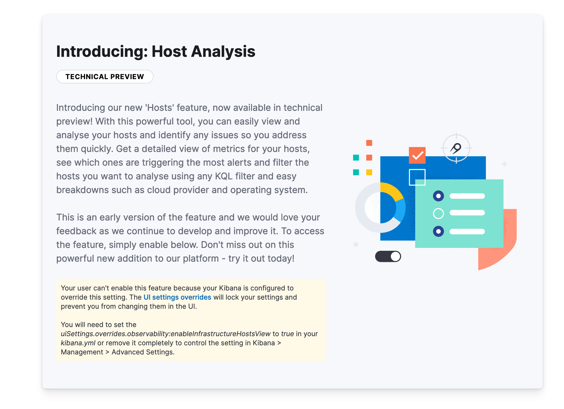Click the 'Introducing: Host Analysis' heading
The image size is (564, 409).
pyautogui.click(x=156, y=51)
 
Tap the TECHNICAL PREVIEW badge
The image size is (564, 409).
pyautogui.click(x=105, y=77)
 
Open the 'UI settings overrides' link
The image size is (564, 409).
pyautogui.click(x=177, y=297)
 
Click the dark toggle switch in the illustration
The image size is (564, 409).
pyautogui.click(x=388, y=256)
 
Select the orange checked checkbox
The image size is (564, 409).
pyautogui.click(x=417, y=155)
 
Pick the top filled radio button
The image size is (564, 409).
pyautogui.click(x=438, y=196)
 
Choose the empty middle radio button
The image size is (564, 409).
pyautogui.click(x=438, y=213)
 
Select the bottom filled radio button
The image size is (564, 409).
pyautogui.click(x=438, y=231)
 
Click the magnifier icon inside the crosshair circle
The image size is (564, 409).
pyautogui.click(x=456, y=148)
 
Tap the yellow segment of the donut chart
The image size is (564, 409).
pyautogui.click(x=392, y=190)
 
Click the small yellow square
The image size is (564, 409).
pyautogui.click(x=369, y=172)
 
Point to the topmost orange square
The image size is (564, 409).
pyautogui.click(x=369, y=143)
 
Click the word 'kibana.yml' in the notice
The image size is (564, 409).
pyautogui.click(x=78, y=343)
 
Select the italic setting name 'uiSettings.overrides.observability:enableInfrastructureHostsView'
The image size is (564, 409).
pyautogui.click(x=166, y=334)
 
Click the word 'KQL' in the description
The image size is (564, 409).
pyautogui.click(x=223, y=176)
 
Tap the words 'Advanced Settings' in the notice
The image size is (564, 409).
pyautogui.click(x=142, y=352)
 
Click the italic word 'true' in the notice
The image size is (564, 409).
pyautogui.click(x=287, y=334)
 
